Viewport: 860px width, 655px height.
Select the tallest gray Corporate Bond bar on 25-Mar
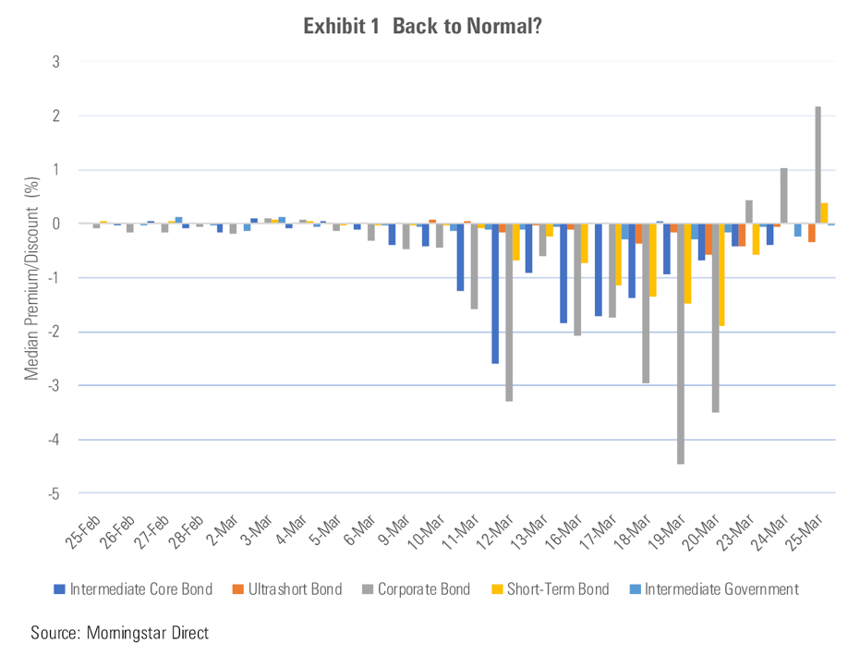click(x=818, y=165)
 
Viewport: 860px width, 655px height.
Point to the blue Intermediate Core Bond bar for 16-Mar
click(x=563, y=273)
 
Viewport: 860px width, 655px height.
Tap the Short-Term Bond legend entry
click(x=555, y=589)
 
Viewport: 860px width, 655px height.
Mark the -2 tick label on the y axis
click(x=57, y=332)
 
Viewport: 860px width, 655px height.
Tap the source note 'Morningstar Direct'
click(x=147, y=634)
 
